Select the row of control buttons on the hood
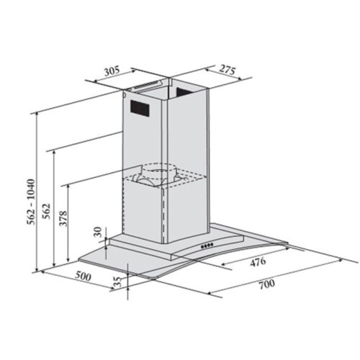207,245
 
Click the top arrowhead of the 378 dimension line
68,184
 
